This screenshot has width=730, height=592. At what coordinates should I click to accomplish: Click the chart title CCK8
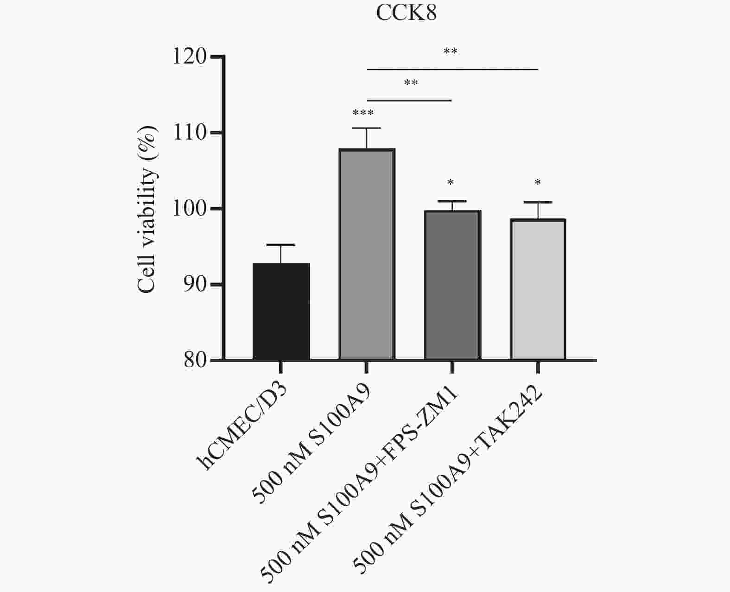pos(406,13)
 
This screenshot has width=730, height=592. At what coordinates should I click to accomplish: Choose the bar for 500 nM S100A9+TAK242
pos(538,289)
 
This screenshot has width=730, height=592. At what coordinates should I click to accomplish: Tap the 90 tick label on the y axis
pos(195,285)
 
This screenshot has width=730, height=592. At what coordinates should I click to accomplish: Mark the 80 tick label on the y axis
pos(195,360)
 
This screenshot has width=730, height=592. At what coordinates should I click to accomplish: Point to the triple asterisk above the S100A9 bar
pos(363,113)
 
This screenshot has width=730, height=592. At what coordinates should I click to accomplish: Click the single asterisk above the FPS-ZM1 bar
pos(450,183)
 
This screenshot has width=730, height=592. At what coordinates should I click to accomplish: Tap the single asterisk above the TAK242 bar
pos(538,183)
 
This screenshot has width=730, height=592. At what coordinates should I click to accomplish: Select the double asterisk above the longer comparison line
pos(450,51)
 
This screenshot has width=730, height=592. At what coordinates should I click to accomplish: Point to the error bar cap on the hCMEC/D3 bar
pos(281,245)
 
